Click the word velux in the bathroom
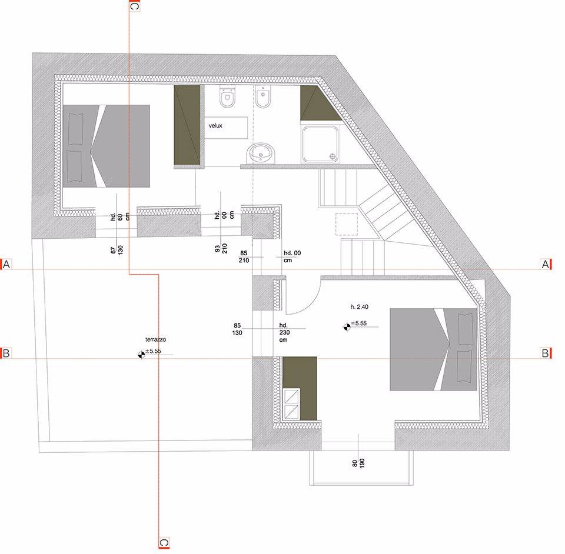tap(215, 126)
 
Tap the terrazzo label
tap(155, 339)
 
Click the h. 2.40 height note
tap(359, 307)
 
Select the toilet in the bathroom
tap(227, 96)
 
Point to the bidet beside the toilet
tap(263, 96)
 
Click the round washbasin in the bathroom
tap(261, 153)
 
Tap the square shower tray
tap(321, 143)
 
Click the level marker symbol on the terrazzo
tap(142, 355)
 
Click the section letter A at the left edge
tap(6, 265)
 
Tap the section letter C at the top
tap(134, 6)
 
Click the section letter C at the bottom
tap(164, 542)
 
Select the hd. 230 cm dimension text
tap(284, 333)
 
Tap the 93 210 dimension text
tap(221, 248)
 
